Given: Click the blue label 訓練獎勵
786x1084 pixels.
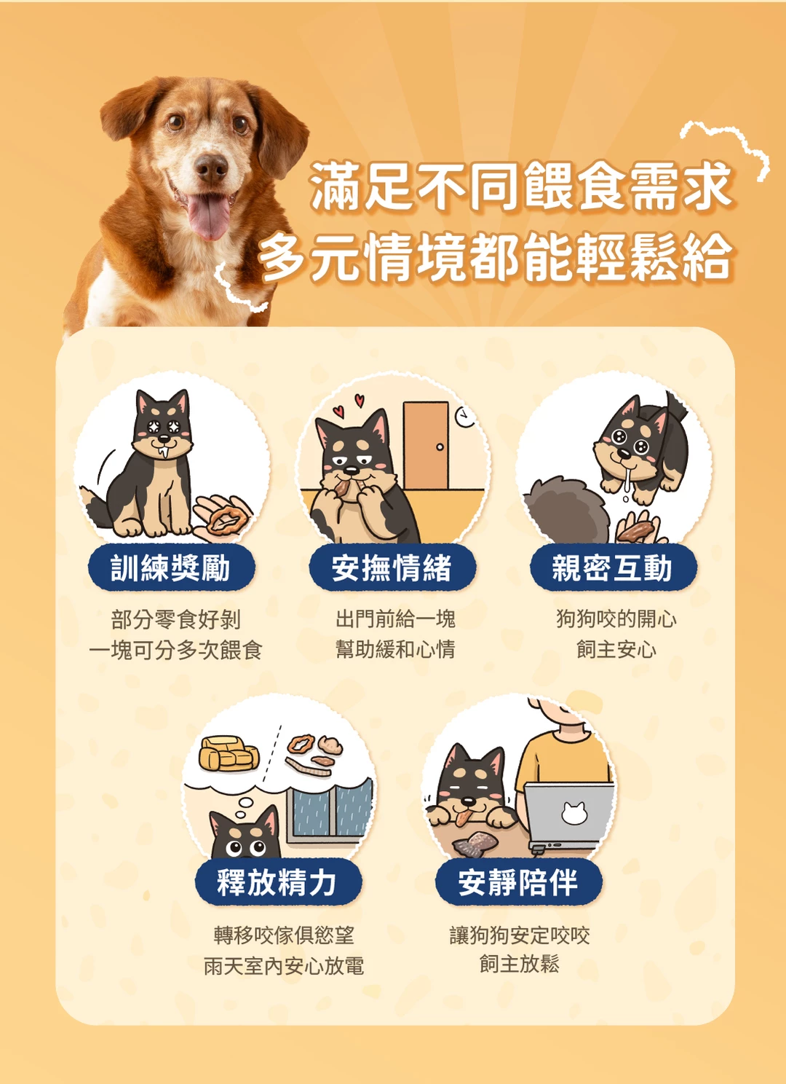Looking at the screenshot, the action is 171,567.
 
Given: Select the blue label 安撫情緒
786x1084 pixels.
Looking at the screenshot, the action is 392,567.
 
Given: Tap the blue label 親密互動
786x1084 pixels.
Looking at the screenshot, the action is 613,567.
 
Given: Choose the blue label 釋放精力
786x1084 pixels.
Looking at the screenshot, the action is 279,882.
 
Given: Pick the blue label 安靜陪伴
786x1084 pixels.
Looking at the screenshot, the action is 519,882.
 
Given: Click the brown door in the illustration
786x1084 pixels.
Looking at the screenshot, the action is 426,445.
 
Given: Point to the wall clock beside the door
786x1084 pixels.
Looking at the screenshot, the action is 464,417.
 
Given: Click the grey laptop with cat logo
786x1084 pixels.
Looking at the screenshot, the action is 568,815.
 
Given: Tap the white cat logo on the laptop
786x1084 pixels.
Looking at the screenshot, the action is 574,813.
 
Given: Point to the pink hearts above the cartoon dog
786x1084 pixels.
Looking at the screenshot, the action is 349,406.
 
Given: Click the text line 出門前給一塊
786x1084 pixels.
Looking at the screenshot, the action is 395,619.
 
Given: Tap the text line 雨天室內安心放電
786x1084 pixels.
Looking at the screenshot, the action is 283,967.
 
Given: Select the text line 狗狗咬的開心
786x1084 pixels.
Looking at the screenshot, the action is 616,619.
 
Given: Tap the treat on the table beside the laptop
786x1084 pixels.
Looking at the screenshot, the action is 475,843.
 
